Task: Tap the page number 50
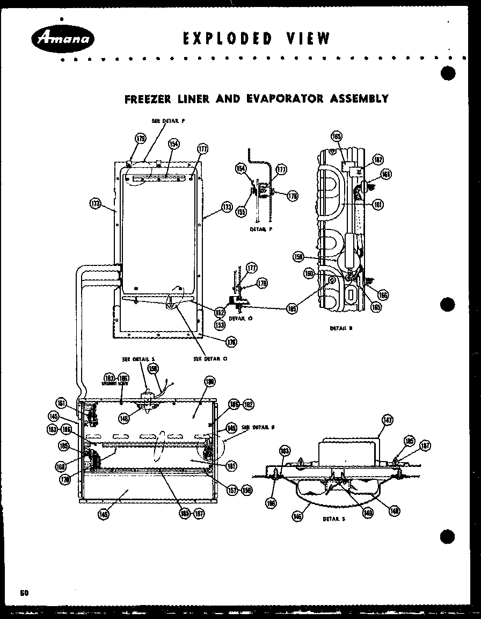point(24,593)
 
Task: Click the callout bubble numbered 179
point(140,139)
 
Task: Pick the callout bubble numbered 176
point(232,341)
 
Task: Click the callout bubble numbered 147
point(387,420)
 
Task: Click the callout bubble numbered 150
point(153,369)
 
